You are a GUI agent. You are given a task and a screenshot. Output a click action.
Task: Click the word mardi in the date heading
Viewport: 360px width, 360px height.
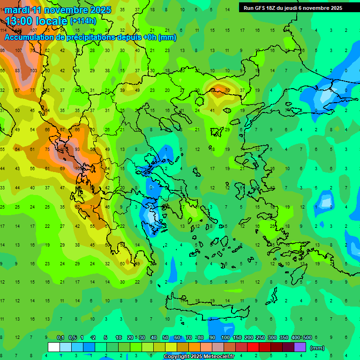coord(16,10)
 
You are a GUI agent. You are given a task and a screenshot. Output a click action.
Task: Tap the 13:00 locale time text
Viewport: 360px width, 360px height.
coord(36,21)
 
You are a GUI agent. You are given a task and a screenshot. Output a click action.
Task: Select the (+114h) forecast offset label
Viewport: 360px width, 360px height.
coord(83,21)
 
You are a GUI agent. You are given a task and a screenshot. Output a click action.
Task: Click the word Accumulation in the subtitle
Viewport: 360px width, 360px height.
coord(31,37)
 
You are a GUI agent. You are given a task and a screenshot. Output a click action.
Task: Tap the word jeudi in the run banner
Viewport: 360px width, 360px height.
coord(299,8)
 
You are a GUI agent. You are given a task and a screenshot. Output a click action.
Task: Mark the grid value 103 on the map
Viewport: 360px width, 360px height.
coord(33,70)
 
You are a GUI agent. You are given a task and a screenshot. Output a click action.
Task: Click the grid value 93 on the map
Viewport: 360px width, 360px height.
coord(77,149)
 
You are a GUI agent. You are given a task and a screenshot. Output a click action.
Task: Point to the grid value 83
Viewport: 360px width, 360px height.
coord(18,70)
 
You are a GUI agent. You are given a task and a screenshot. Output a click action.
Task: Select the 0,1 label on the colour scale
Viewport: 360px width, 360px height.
coord(60,337)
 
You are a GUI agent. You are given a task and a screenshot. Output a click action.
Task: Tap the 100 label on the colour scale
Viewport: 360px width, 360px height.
coord(225,337)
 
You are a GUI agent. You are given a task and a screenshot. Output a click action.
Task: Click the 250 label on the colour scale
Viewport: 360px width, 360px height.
coord(260,337)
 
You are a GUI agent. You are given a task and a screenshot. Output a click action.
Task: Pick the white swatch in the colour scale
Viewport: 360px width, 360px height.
coord(54,347)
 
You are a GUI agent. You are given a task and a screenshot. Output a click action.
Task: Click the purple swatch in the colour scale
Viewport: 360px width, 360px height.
coord(300,347)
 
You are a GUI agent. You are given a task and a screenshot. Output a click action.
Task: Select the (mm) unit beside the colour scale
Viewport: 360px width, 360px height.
coord(317,348)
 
